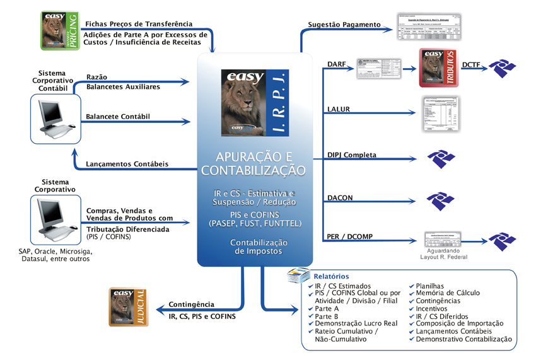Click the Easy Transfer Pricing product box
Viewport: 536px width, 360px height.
[60, 31]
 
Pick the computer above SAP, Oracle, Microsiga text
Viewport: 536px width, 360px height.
[55, 218]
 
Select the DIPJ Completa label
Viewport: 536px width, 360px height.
[352, 154]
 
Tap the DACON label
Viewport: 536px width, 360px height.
[341, 198]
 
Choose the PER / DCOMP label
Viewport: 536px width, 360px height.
[349, 236]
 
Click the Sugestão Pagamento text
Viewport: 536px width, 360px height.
[344, 25]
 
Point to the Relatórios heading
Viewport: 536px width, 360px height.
[331, 276]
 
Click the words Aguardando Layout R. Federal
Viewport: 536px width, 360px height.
[446, 253]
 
